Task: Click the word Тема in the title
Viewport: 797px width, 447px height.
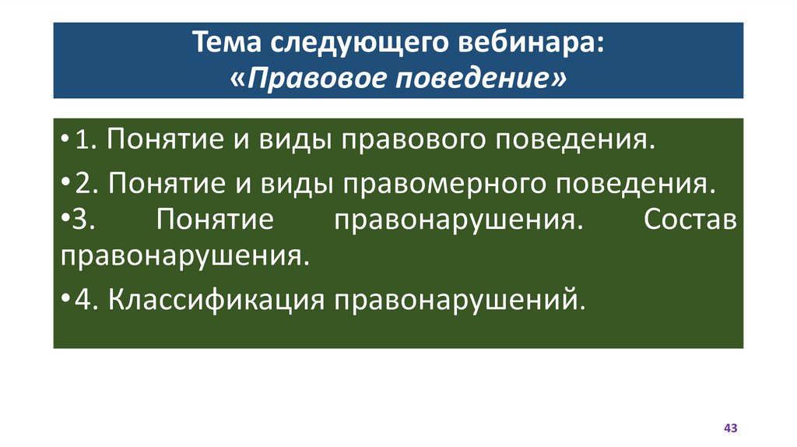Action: (226, 44)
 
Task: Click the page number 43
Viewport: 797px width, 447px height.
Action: (730, 428)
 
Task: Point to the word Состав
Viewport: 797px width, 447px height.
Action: (690, 220)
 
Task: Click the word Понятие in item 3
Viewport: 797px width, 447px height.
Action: (214, 220)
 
